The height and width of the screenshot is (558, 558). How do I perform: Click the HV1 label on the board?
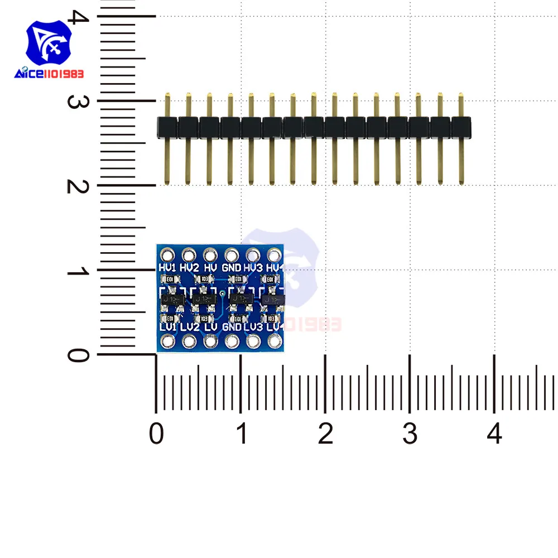pyautogui.click(x=168, y=268)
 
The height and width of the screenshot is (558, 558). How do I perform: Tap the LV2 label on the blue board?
pyautogui.click(x=190, y=326)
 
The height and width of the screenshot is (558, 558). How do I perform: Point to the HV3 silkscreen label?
pyautogui.click(x=253, y=268)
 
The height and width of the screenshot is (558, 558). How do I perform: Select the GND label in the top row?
pyautogui.click(x=232, y=268)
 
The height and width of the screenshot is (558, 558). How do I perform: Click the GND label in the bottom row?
pyautogui.click(x=232, y=326)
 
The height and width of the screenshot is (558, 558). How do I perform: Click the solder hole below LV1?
pyautogui.click(x=167, y=341)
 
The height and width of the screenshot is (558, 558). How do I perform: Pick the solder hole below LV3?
pyautogui.click(x=253, y=341)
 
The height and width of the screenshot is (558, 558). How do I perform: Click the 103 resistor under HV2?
pyautogui.click(x=205, y=278)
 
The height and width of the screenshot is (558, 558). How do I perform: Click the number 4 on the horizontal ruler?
pyautogui.click(x=494, y=434)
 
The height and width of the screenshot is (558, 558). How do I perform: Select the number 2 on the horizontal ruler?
pyautogui.click(x=325, y=434)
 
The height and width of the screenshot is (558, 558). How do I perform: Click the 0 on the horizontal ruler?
pyautogui.click(x=156, y=434)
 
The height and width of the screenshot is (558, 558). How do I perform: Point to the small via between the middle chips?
pyautogui.click(x=223, y=292)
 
